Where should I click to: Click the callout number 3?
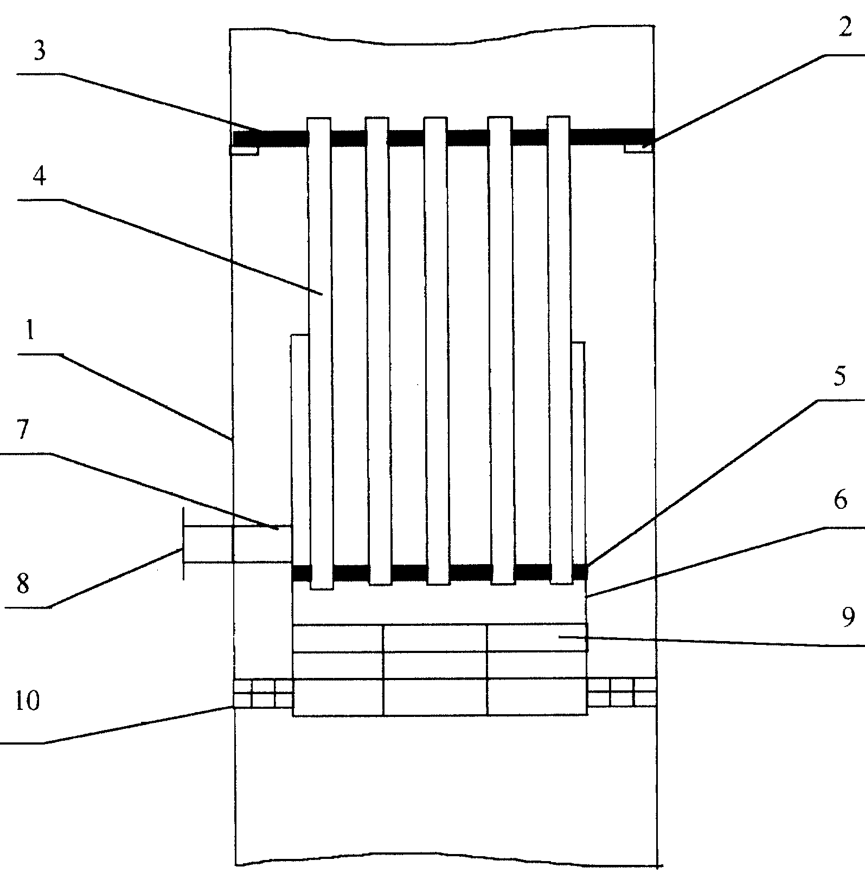[39, 52]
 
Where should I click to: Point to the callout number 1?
[30, 330]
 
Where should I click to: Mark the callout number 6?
[840, 500]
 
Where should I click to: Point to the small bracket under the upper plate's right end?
[639, 147]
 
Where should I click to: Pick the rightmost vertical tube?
[560, 350]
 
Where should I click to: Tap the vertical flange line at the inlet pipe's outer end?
[183, 544]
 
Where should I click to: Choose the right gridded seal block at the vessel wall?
[622, 692]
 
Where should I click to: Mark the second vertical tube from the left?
[377, 351]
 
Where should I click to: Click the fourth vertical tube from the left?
[501, 351]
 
